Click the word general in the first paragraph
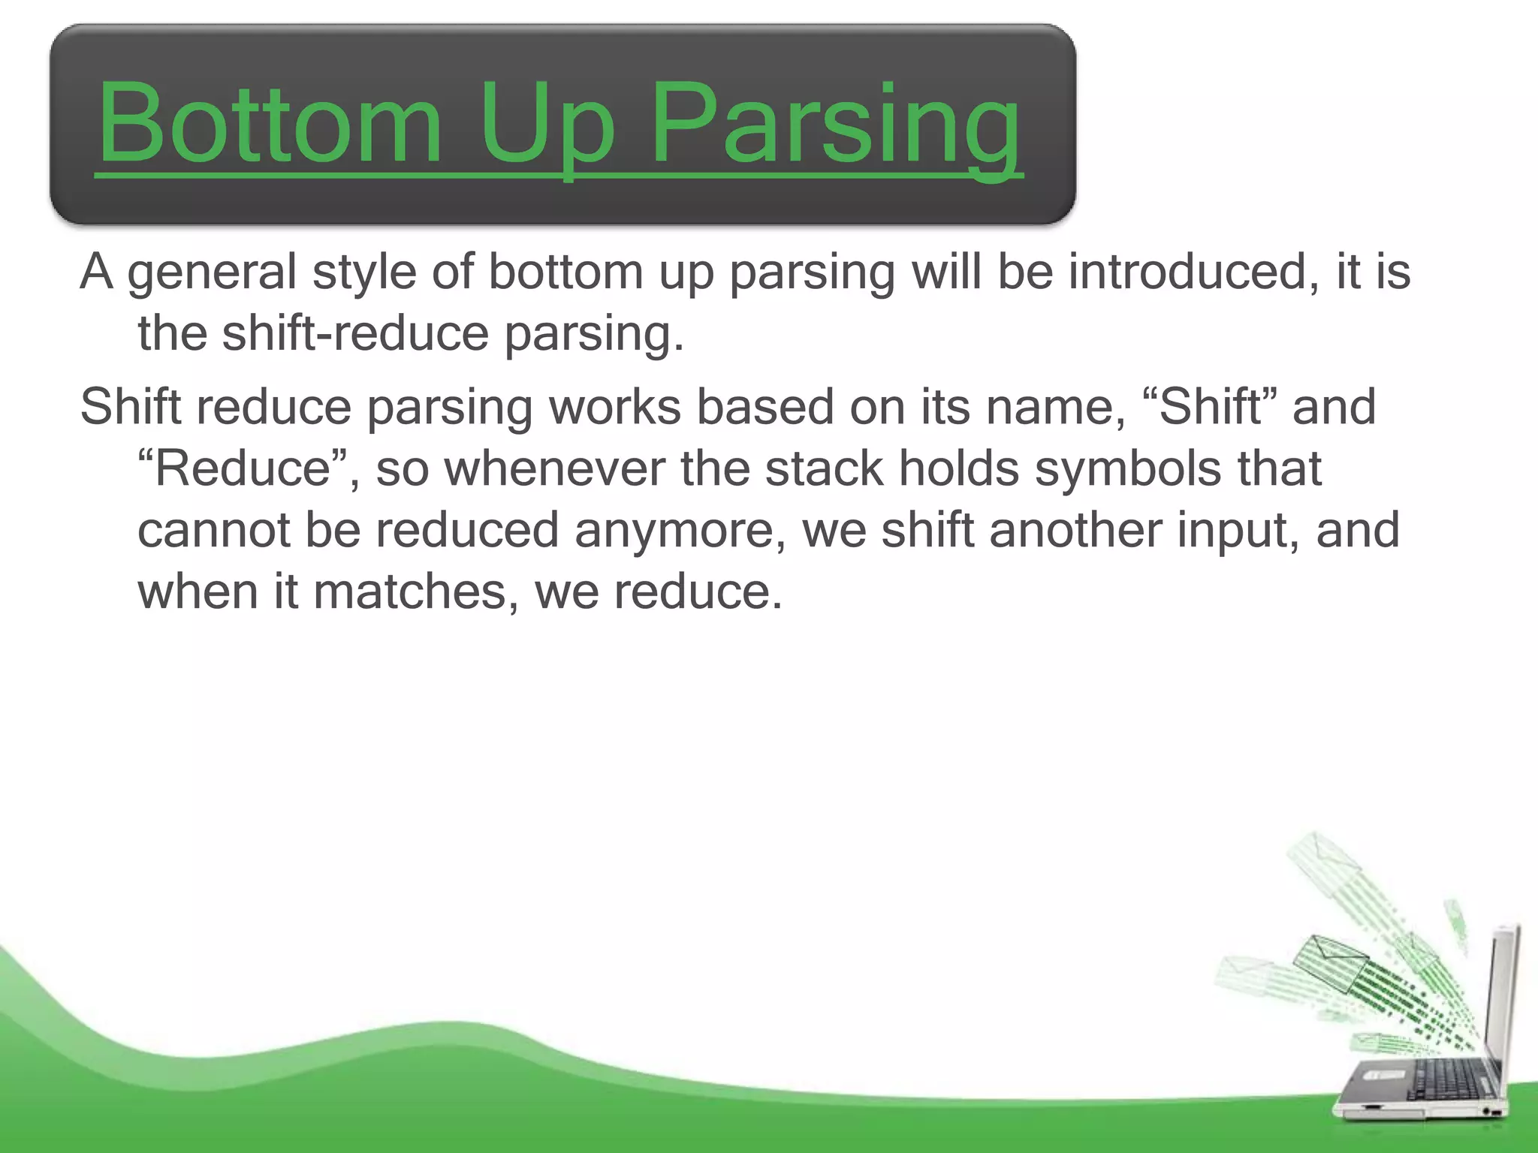tap(213, 273)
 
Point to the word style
tap(364, 273)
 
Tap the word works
tap(615, 407)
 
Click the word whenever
tap(555, 468)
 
